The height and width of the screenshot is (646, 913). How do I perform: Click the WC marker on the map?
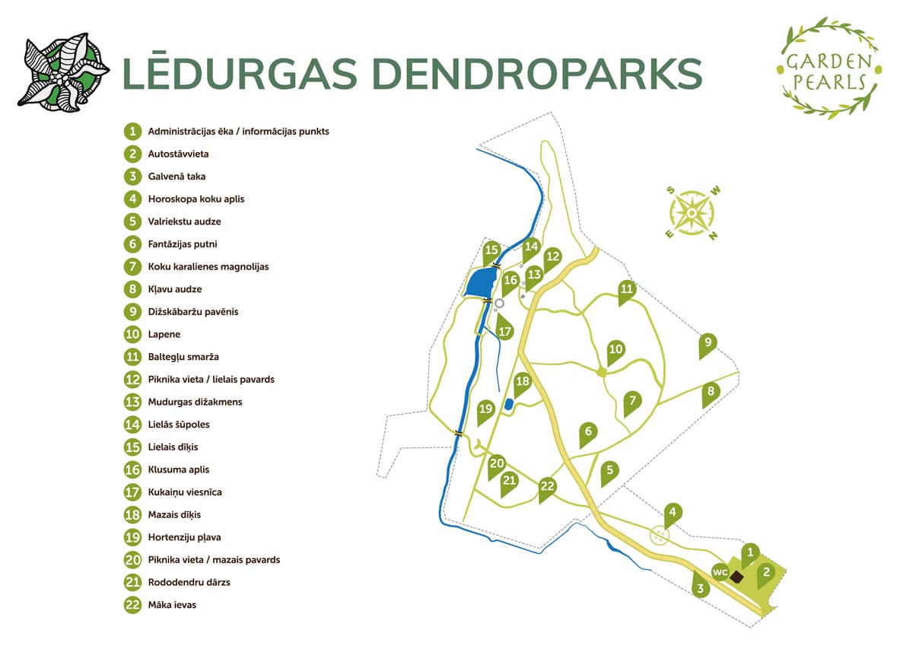click(x=720, y=571)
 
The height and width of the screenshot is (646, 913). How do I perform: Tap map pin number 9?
click(x=708, y=343)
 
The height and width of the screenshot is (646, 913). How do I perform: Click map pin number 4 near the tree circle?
click(x=671, y=513)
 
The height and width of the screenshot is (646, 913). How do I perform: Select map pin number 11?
click(x=626, y=290)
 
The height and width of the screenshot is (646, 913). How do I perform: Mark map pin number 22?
click(x=547, y=487)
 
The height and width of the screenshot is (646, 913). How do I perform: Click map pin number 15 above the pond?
click(x=491, y=250)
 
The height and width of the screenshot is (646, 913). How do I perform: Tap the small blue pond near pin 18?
click(x=508, y=405)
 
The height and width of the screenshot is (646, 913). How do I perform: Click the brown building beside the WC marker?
click(x=736, y=577)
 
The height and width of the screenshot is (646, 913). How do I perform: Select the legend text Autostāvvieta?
click(x=178, y=154)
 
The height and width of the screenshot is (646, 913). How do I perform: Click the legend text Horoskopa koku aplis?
click(x=196, y=199)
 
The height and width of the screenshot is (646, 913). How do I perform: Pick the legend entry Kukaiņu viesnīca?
click(x=185, y=492)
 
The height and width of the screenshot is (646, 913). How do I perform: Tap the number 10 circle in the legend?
click(x=133, y=334)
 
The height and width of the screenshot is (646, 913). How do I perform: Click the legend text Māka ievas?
click(x=172, y=605)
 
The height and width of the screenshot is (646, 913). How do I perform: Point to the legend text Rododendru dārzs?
click(x=189, y=582)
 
